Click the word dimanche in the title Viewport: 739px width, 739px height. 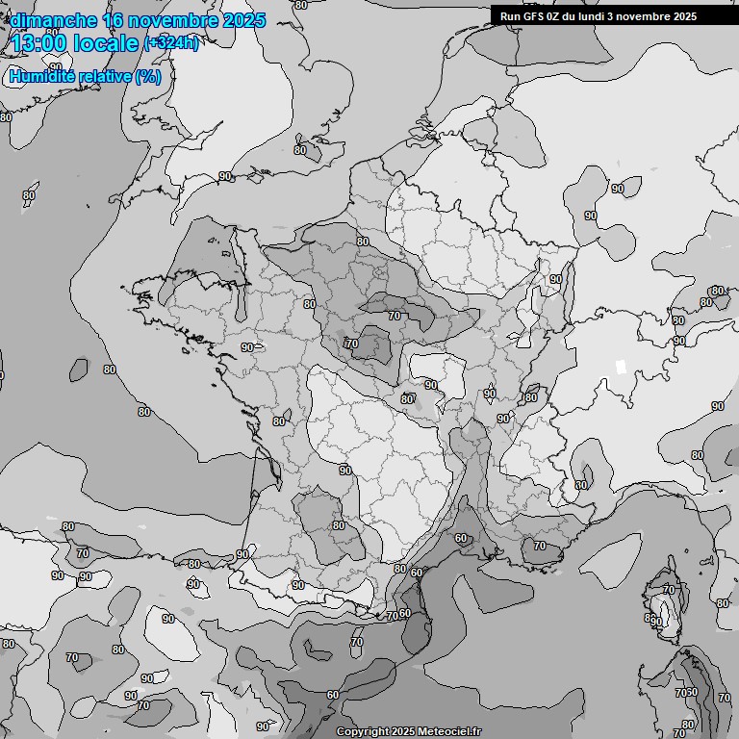[x=53, y=20]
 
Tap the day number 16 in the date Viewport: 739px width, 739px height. [x=114, y=20]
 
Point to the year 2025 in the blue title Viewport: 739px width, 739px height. [x=243, y=20]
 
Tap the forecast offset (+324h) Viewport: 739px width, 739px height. [x=171, y=43]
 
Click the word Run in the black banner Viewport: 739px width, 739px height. [x=511, y=16]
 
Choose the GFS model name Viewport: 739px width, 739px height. [x=535, y=16]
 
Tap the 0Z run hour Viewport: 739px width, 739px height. [x=557, y=16]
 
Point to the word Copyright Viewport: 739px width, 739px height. [x=363, y=731]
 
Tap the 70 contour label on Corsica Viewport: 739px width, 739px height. [x=670, y=589]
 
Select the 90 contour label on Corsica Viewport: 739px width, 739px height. [x=656, y=623]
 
